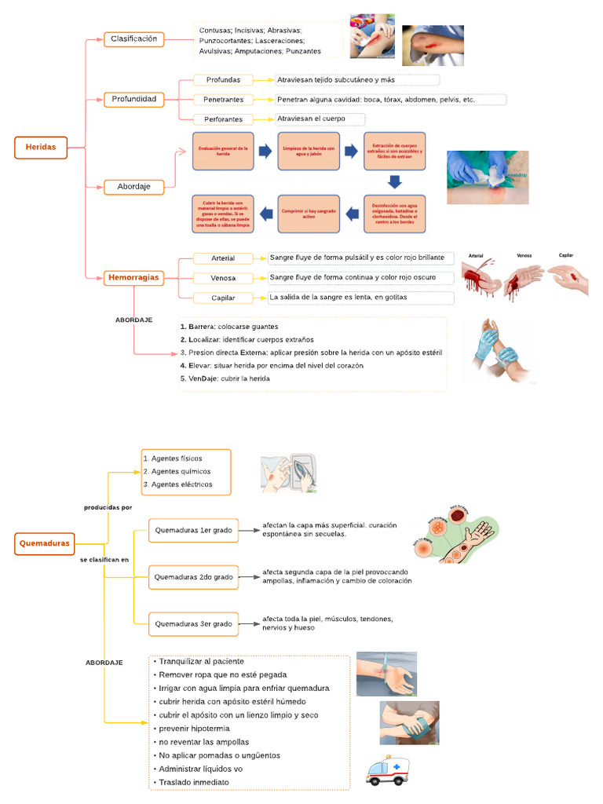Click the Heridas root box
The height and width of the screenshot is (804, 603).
tap(41, 147)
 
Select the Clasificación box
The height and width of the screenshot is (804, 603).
tap(133, 39)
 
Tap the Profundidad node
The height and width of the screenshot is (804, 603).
tap(133, 100)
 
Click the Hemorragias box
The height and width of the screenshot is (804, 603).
tap(133, 277)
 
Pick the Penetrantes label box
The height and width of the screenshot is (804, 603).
tap(224, 100)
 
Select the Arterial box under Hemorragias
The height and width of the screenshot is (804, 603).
tap(223, 258)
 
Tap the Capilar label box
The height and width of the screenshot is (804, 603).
tap(223, 298)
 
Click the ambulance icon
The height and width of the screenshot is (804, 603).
tap(387, 770)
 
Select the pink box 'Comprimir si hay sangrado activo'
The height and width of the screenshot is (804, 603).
tap(309, 214)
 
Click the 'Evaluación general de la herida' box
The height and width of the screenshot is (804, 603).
tap(223, 151)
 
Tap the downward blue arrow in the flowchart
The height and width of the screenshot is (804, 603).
tap(395, 182)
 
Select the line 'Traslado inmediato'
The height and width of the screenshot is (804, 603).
tap(193, 783)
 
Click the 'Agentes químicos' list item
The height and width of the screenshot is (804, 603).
tap(177, 471)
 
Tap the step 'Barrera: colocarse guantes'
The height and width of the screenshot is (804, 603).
tap(229, 327)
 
